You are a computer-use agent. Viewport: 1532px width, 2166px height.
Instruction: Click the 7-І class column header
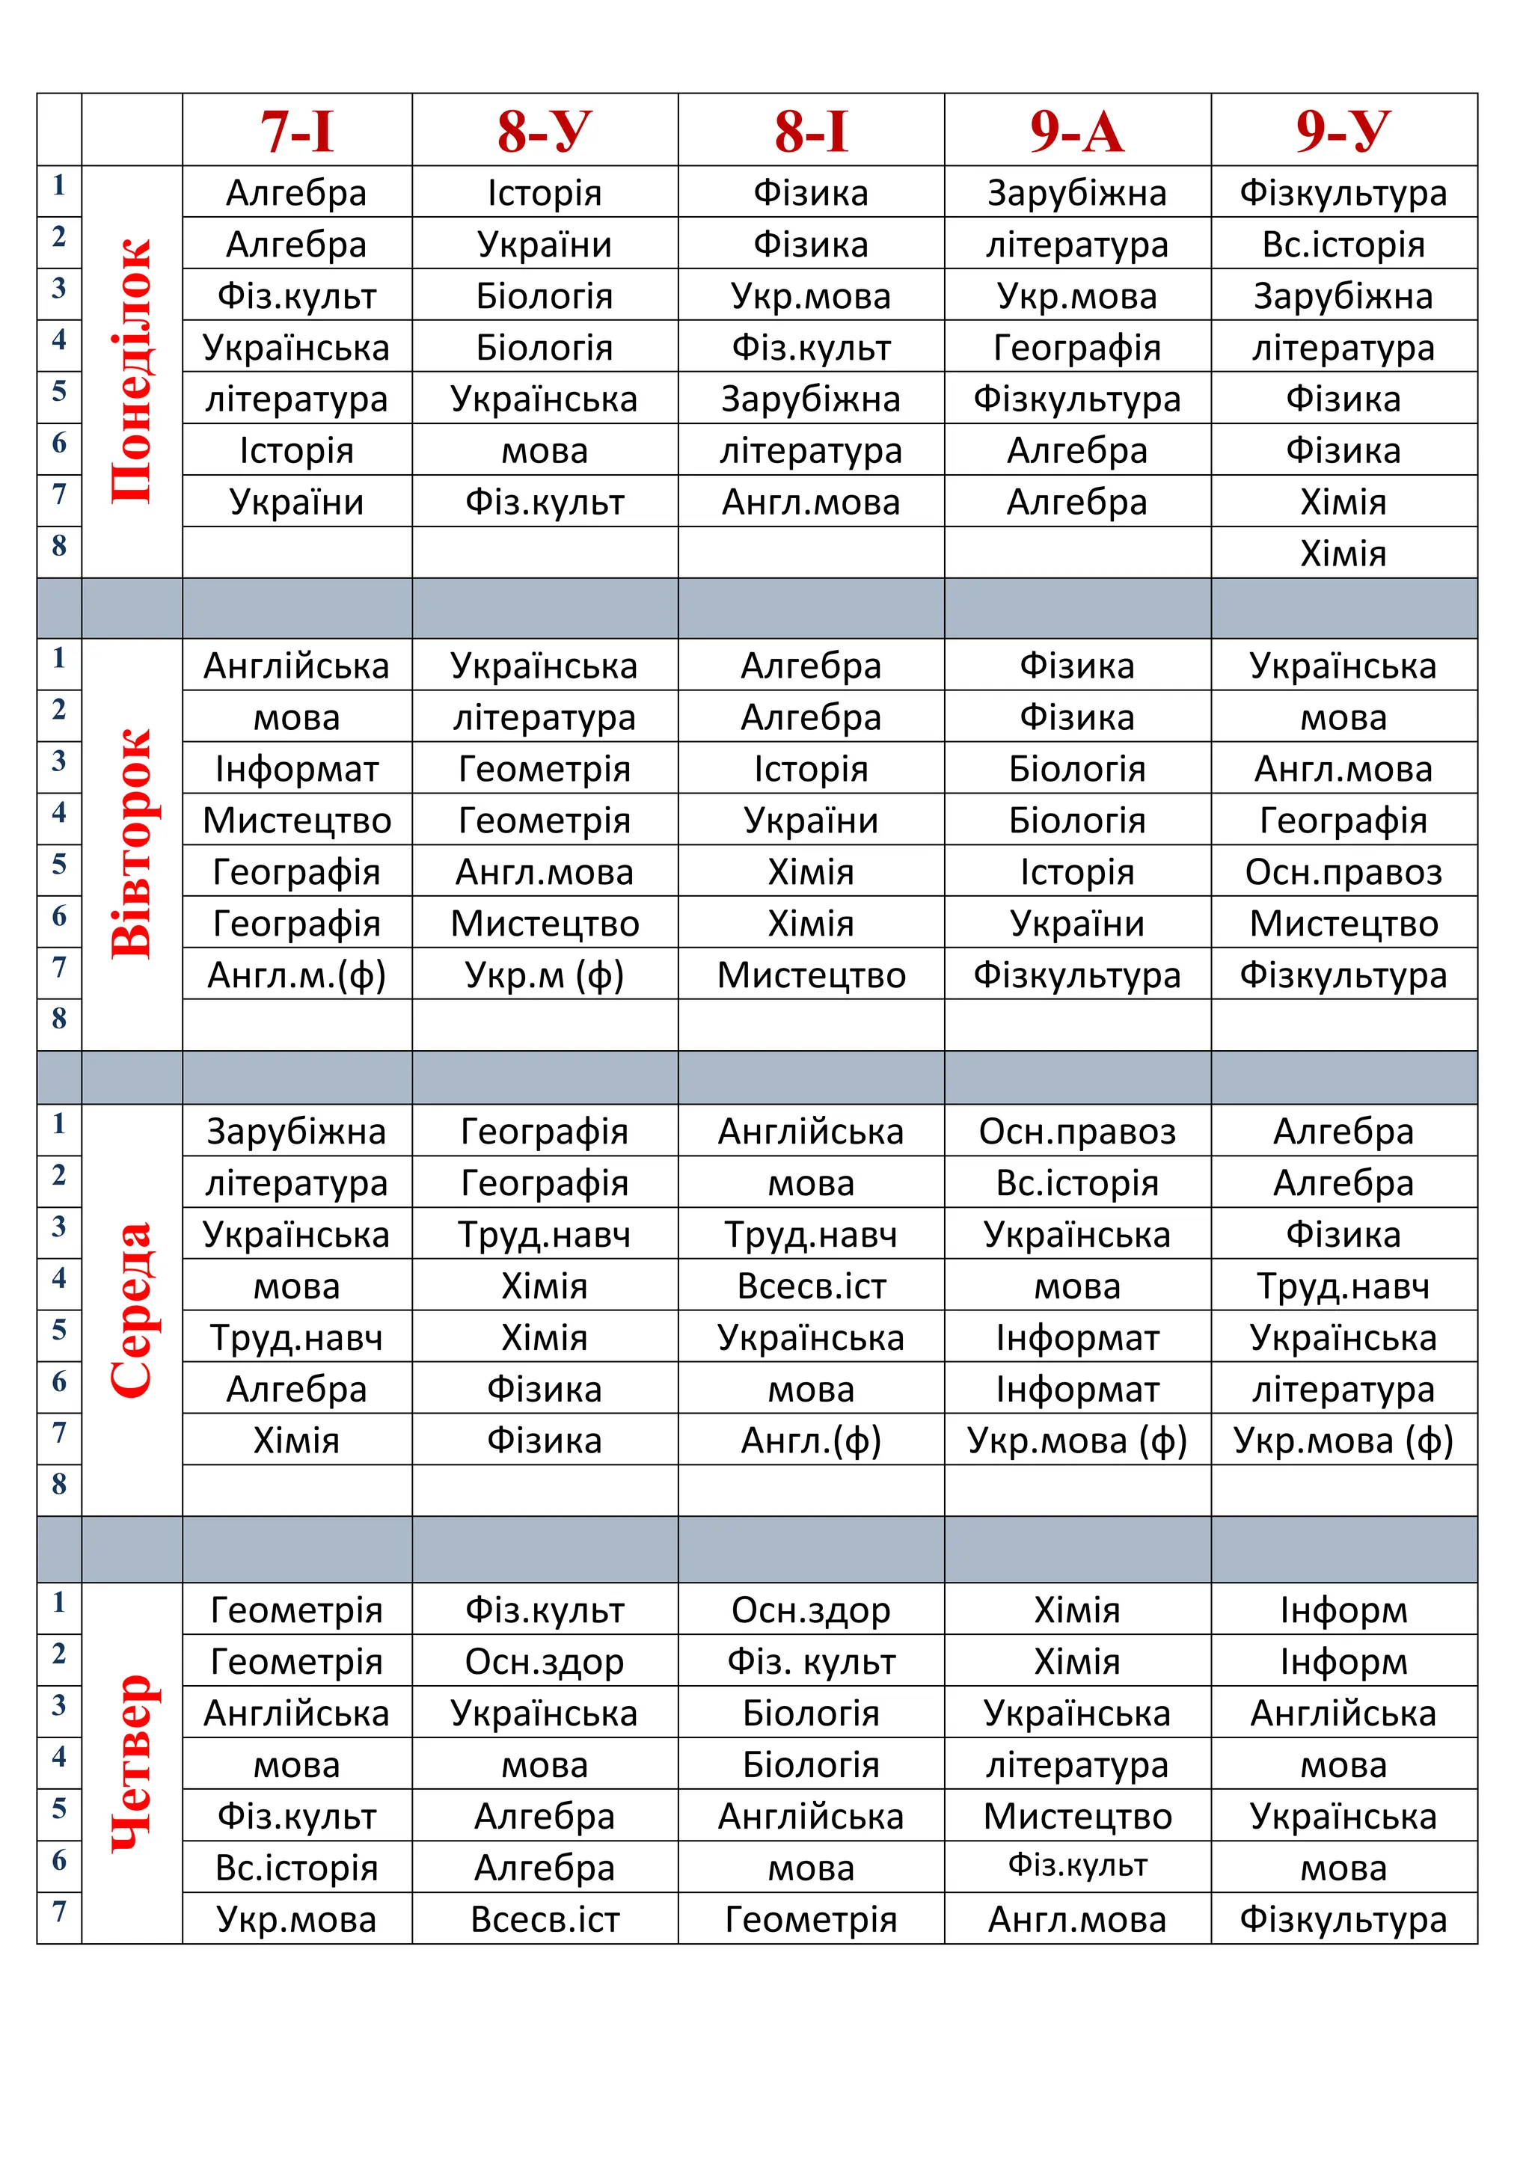[297, 130]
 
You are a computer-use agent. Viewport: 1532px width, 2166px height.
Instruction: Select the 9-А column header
[1077, 130]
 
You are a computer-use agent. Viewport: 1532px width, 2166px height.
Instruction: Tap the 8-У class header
[545, 130]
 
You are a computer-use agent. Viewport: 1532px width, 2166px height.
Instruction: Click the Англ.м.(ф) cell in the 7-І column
[297, 975]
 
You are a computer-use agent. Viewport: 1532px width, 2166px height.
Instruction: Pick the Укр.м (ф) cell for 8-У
[545, 975]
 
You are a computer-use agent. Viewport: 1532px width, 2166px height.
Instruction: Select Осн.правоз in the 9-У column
[1343, 871]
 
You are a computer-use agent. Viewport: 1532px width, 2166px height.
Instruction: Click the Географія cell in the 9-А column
[1077, 347]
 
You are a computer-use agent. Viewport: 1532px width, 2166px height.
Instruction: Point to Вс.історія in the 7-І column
[297, 1867]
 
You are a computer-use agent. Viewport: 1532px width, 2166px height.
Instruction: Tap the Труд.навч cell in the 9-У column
[1343, 1286]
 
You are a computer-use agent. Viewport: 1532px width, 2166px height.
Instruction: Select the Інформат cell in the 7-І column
[297, 769]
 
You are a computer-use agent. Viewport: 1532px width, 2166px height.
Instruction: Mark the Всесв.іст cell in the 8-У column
[545, 1919]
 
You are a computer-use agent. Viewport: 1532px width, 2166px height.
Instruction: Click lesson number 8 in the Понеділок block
[59, 545]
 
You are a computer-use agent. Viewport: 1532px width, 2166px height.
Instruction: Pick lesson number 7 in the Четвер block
[59, 1911]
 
